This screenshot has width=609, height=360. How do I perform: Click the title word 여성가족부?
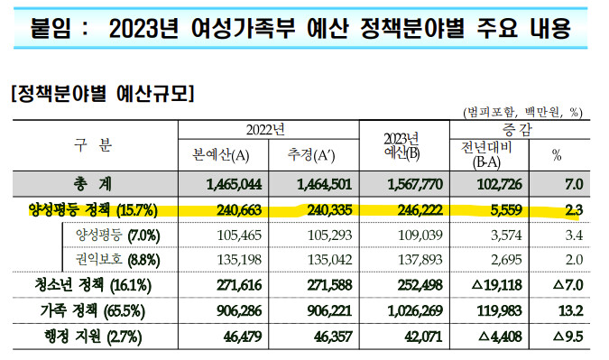tap(243, 28)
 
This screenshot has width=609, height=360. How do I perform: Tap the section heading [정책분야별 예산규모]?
tap(103, 93)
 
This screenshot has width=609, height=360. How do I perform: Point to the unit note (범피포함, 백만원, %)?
tap(523, 113)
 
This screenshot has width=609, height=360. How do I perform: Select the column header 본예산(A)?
tap(221, 155)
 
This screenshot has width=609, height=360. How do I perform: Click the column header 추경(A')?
tap(311, 155)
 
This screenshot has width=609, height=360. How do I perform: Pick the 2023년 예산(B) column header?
tap(402, 146)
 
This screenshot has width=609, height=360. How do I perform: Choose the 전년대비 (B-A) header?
tap(486, 154)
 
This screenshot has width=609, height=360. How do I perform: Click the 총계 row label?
tap(92, 184)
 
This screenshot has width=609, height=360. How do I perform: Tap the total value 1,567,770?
tap(415, 184)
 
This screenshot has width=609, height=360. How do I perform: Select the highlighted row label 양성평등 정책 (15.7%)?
tap(93, 210)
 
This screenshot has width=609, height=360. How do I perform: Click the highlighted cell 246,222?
tap(420, 210)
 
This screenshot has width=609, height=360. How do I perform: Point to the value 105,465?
tap(239, 235)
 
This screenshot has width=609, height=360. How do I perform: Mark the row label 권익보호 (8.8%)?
tap(117, 260)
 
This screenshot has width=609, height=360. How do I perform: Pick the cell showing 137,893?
tap(420, 260)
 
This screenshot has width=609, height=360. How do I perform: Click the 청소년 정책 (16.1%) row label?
tap(93, 285)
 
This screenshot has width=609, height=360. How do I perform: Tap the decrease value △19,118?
tap(497, 285)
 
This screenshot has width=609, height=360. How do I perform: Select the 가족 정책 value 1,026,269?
tap(415, 310)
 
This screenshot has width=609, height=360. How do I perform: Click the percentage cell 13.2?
tap(570, 310)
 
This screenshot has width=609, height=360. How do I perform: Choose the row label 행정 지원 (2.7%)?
tap(93, 337)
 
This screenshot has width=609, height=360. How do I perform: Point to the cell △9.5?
tap(567, 337)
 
